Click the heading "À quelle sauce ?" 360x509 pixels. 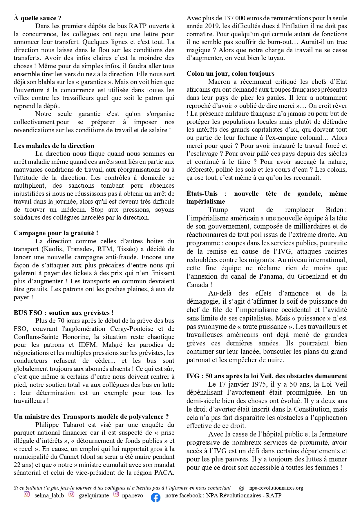(37, 18)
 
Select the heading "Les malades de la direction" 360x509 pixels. (54, 146)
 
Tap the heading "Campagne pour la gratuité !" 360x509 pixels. (56, 233)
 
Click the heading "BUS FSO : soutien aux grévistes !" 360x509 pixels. (64, 313)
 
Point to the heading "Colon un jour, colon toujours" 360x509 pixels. (230, 73)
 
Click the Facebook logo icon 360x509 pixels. (156, 497)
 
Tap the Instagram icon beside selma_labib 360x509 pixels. (27, 494)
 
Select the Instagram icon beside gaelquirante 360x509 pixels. (71, 494)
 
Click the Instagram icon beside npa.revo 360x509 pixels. (116, 494)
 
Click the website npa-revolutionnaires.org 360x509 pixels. (276, 488)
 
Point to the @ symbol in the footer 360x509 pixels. (241, 488)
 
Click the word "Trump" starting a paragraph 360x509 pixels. (218, 210)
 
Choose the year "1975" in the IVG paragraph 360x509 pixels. (259, 384)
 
